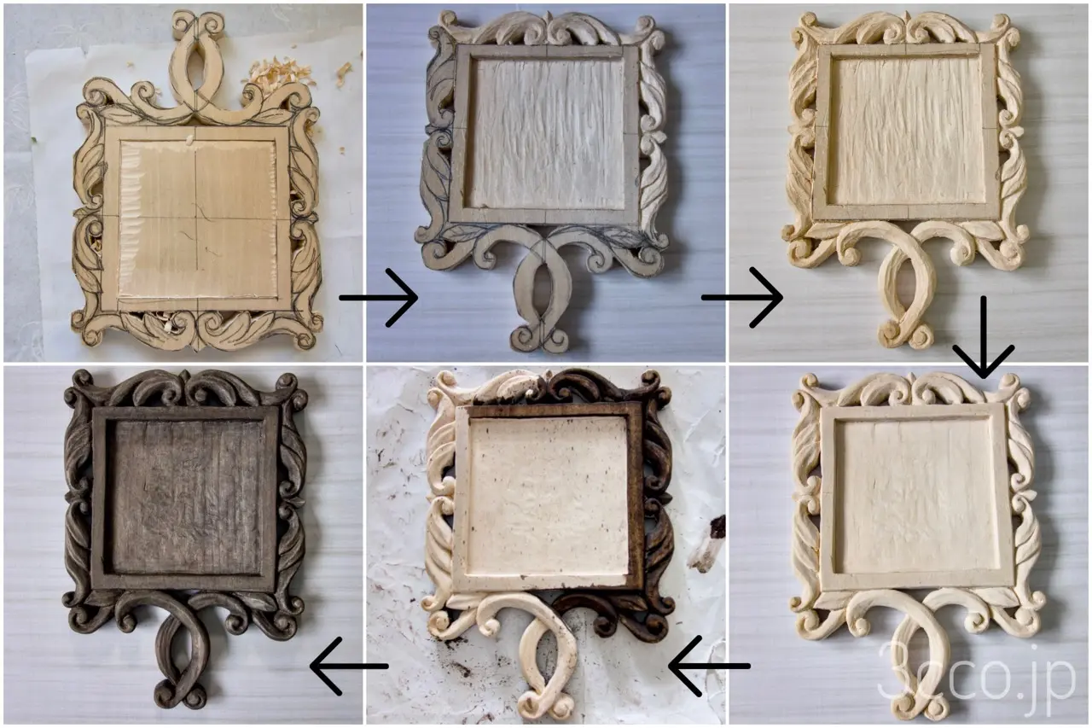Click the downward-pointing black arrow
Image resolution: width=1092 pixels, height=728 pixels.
(x=984, y=336)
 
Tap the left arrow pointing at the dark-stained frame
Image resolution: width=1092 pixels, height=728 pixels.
(x=349, y=666)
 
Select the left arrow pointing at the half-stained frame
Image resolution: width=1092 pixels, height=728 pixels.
(x=709, y=666)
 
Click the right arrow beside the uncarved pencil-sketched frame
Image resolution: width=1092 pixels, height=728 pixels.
(x=379, y=298)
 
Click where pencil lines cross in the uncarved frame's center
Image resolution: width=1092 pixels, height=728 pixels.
(x=196, y=218)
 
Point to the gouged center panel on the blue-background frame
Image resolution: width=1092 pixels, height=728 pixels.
(x=547, y=131)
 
